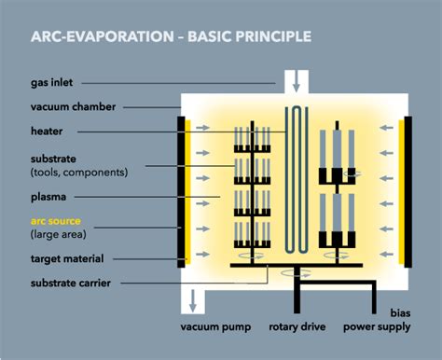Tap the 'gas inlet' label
click(56, 83)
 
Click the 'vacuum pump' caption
click(214, 327)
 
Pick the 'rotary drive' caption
click(297, 327)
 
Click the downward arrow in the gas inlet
click(297, 85)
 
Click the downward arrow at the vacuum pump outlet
click(193, 301)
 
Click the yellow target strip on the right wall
click(404, 190)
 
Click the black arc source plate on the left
click(180, 190)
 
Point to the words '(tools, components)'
click(79, 173)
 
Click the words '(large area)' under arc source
click(62, 234)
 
